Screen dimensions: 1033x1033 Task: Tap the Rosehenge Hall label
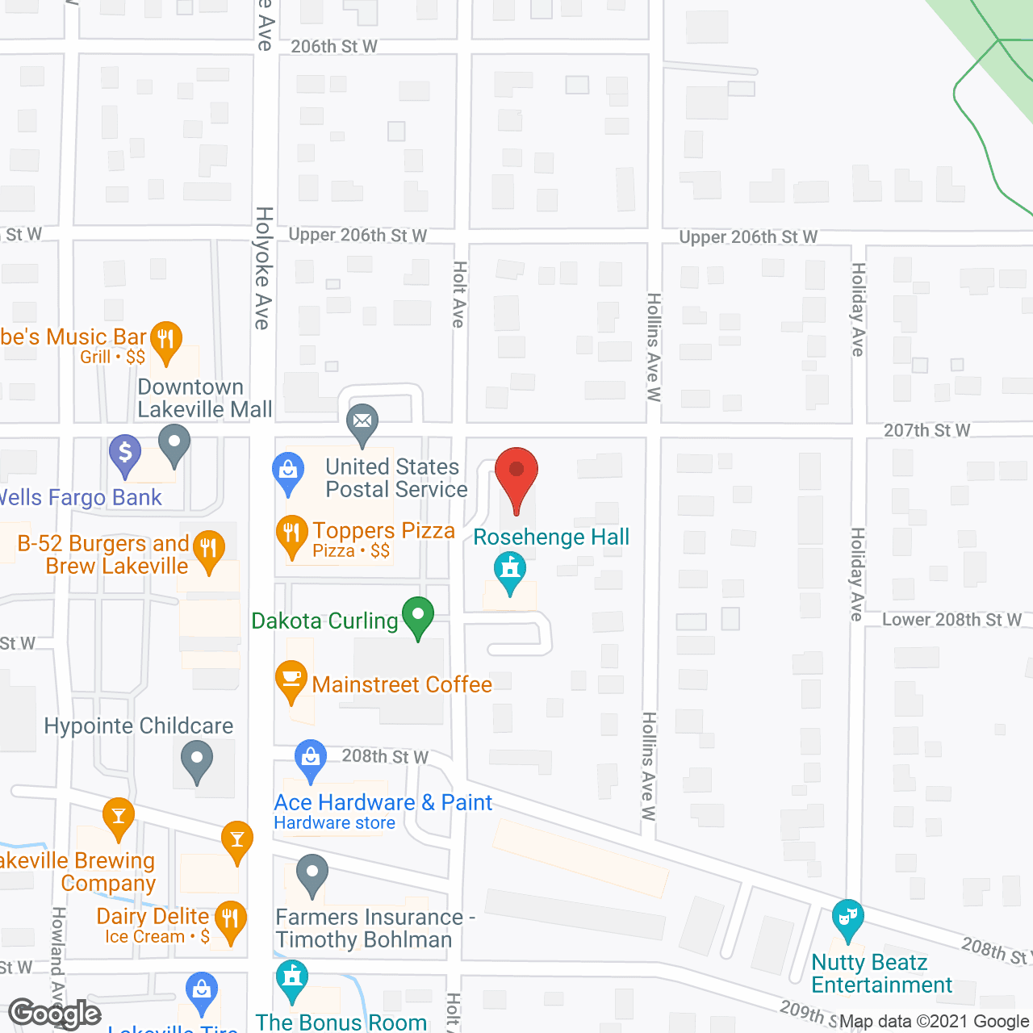pyautogui.click(x=550, y=537)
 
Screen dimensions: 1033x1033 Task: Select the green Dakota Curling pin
pyautogui.click(x=418, y=617)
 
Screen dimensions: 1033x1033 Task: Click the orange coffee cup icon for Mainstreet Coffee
pyautogui.click(x=291, y=680)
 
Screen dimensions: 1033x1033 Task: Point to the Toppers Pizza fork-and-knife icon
pyautogui.click(x=291, y=534)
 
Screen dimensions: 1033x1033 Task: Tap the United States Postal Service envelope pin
pyautogui.click(x=362, y=423)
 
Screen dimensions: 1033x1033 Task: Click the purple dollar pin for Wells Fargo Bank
pyautogui.click(x=125, y=454)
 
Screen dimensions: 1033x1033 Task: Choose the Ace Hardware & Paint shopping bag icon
pyautogui.click(x=310, y=759)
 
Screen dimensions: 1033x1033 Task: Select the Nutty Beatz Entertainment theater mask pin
pyautogui.click(x=847, y=918)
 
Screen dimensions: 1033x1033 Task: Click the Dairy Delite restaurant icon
pyautogui.click(x=231, y=921)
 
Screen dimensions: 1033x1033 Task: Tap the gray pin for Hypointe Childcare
pyautogui.click(x=196, y=760)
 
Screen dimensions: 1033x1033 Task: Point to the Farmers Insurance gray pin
pyautogui.click(x=312, y=875)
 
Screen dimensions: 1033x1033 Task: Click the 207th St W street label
pyautogui.click(x=926, y=431)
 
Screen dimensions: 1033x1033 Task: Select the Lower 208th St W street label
pyautogui.click(x=951, y=620)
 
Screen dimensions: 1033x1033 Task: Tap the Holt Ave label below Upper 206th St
pyautogui.click(x=459, y=294)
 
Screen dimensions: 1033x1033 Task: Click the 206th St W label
pyautogui.click(x=333, y=47)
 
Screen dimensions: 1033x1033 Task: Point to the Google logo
pyautogui.click(x=55, y=1014)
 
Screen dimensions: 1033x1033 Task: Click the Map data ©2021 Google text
pyautogui.click(x=935, y=1022)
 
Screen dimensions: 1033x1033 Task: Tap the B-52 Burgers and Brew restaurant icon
pyautogui.click(x=209, y=550)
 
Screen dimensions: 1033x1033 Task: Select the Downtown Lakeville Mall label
pyautogui.click(x=204, y=399)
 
